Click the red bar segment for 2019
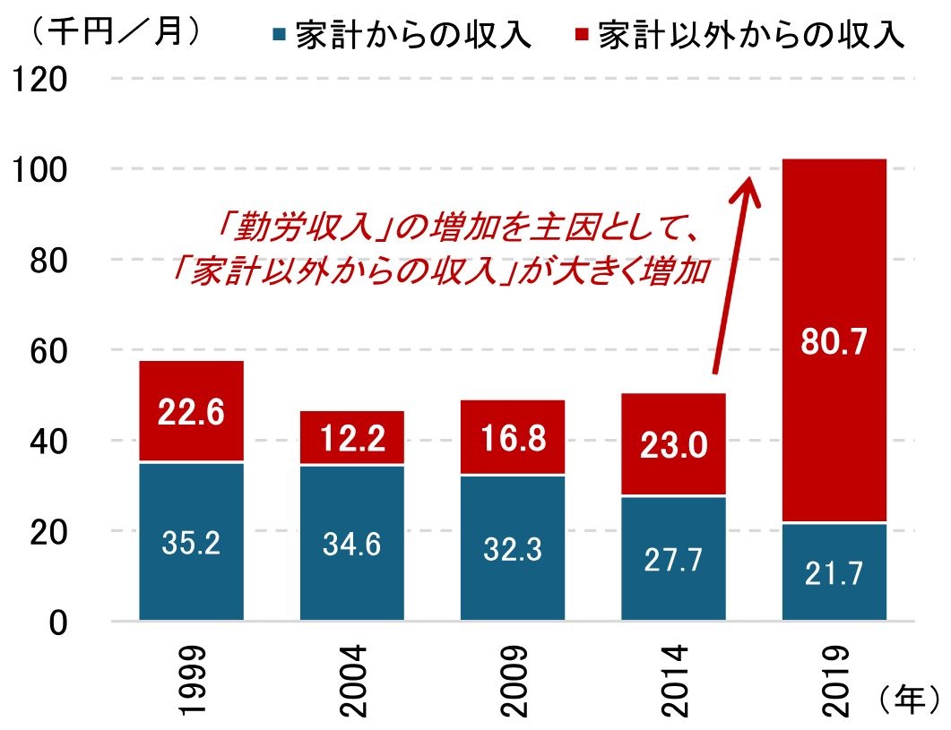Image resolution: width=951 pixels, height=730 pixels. tap(834, 269)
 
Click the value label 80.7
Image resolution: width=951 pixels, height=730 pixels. tap(834, 342)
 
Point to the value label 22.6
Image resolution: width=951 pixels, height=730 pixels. tap(190, 413)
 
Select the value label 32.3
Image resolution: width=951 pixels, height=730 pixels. tap(512, 547)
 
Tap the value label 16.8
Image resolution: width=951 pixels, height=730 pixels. tap(512, 439)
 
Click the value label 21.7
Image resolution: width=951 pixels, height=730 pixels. tap(834, 571)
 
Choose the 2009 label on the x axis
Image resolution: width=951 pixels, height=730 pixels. tap(512, 680)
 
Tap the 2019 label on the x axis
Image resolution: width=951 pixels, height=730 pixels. tap(834, 680)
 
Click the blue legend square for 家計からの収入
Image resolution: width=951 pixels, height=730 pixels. tap(280, 36)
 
